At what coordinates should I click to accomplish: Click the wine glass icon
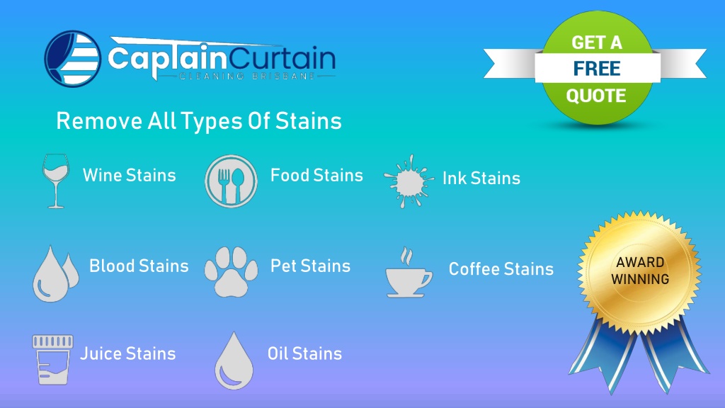[56, 181]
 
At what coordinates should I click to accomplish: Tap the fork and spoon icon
[232, 181]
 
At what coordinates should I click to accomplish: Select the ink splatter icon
[409, 181]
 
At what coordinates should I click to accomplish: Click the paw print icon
[232, 271]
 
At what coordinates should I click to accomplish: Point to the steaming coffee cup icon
[409, 273]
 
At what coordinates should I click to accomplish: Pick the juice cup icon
[52, 360]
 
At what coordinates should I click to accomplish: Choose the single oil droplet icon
[234, 361]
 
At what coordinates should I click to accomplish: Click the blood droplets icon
[55, 273]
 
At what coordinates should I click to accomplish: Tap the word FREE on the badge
[597, 69]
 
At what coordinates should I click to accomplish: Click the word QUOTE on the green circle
[596, 96]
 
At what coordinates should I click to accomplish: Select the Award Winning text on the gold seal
[640, 271]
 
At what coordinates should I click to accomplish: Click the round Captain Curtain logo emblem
[73, 59]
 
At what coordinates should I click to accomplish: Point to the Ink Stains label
[481, 178]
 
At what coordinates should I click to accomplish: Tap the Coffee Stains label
[501, 268]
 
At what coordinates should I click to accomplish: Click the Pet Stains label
[310, 266]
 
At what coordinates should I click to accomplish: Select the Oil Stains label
[304, 353]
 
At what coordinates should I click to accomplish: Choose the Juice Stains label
[127, 353]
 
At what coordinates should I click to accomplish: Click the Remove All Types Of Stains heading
[199, 121]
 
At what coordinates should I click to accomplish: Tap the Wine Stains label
[130, 176]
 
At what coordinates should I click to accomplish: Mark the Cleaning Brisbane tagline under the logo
[247, 76]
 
